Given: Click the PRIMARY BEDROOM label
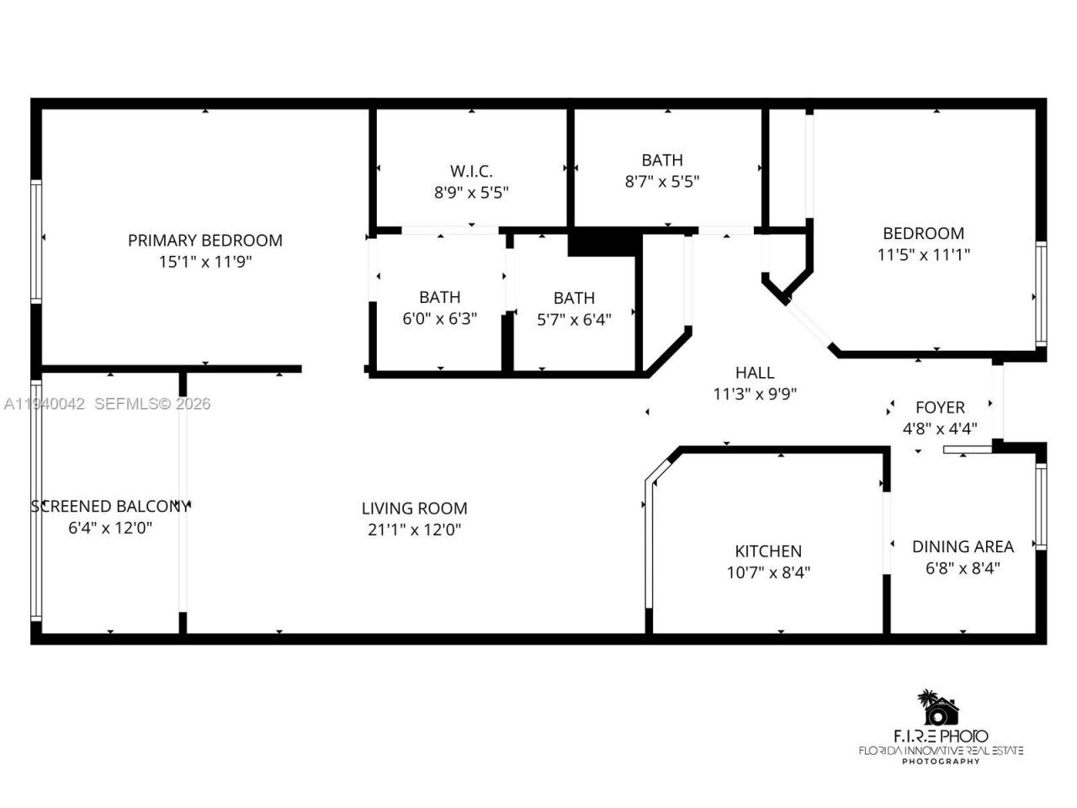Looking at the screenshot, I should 204,240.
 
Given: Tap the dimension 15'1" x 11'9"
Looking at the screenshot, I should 204,262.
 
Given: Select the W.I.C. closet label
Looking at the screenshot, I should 471,171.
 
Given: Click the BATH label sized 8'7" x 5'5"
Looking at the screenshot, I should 662,160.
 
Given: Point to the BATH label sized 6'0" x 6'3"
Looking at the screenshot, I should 439,297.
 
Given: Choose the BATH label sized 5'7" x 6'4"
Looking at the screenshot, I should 574,298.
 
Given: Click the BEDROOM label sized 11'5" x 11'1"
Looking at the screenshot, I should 923,233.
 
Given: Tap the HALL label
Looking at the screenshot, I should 754,372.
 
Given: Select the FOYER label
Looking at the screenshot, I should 940,407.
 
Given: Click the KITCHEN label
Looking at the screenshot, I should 768,551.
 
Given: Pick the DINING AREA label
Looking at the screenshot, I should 963,546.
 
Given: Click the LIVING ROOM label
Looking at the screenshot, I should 414,508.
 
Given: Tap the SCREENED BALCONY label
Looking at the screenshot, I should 110,506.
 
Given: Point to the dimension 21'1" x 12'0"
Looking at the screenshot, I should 414,529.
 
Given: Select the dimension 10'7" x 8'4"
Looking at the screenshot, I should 768,572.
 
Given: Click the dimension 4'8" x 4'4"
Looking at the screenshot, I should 940,428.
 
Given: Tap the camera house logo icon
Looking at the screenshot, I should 939,710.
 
